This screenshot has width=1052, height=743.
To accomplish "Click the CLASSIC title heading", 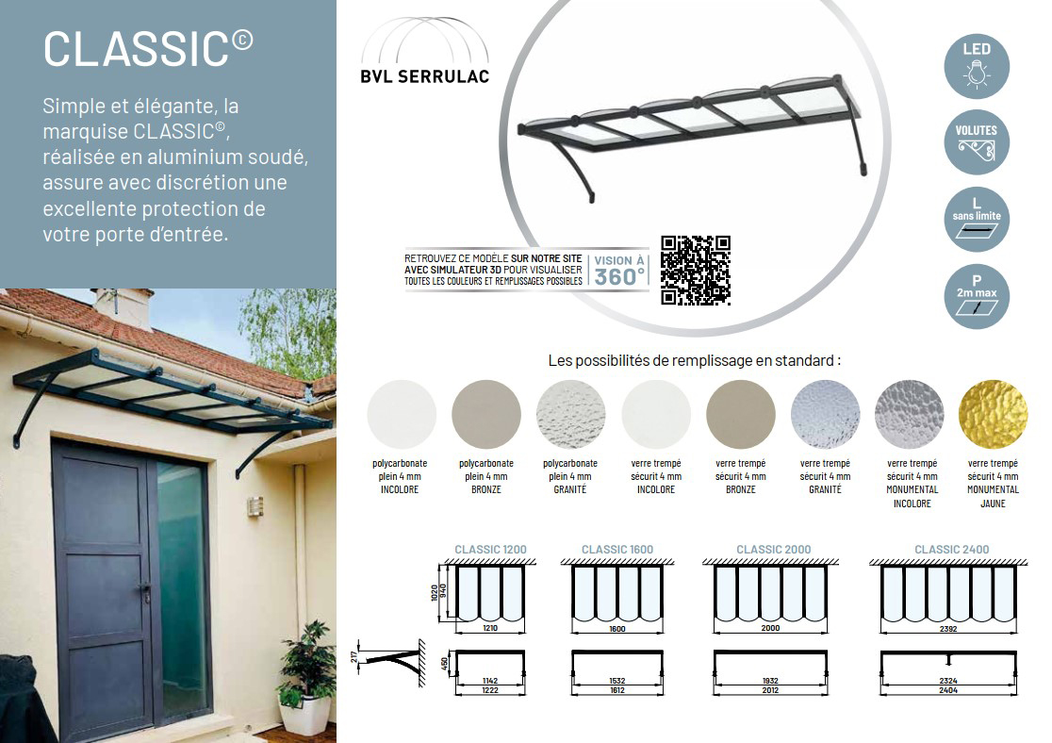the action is pos(148,48).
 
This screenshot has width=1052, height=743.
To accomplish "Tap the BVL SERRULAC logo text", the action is pos(425,76).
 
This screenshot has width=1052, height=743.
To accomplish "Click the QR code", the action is pos(695,271).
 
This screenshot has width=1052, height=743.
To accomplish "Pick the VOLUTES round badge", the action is pos(977,142).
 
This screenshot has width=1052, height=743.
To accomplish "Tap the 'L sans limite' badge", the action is pos(977,220).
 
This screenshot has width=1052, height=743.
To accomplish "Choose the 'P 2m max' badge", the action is pos(977,296).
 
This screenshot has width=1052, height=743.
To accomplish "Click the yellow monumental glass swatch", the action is pos(993,414).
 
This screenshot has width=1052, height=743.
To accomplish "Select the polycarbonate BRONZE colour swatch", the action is pos(486,414).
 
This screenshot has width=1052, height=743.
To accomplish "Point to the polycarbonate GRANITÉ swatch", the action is pos(571,414).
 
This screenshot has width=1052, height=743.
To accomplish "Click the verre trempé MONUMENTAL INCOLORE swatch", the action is pos(909,414).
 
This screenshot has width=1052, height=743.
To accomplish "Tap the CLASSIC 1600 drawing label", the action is pos(617,550).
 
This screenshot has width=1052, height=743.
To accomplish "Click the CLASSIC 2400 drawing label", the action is pos(951,550).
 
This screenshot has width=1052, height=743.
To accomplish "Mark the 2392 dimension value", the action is pos(948,629).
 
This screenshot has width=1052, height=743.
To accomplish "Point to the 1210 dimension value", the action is pos(490,628).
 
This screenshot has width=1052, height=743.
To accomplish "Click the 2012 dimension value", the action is pos(770,690).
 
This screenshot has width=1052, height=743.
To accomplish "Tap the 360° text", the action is pos(619,277).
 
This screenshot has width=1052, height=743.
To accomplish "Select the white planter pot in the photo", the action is pos(306,714).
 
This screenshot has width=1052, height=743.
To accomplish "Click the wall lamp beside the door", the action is pos(255,506).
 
